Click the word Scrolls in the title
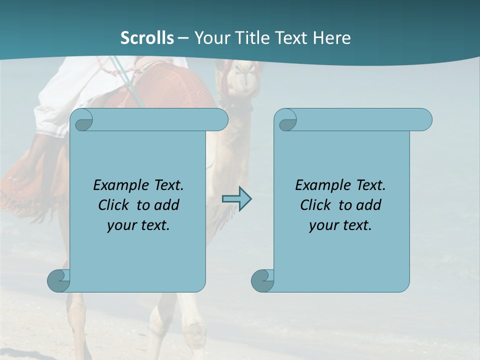coord(147,38)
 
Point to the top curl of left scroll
coord(83,120)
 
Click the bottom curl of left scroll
coord(58,280)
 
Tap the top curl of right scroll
coord(287,120)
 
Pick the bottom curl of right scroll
coord(262,280)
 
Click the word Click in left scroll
coord(115,205)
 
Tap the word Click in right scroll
coord(317,205)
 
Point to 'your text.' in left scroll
coord(138,225)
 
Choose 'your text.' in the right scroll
coord(340,225)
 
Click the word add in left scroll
coord(167,205)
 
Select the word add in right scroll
coord(369,205)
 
